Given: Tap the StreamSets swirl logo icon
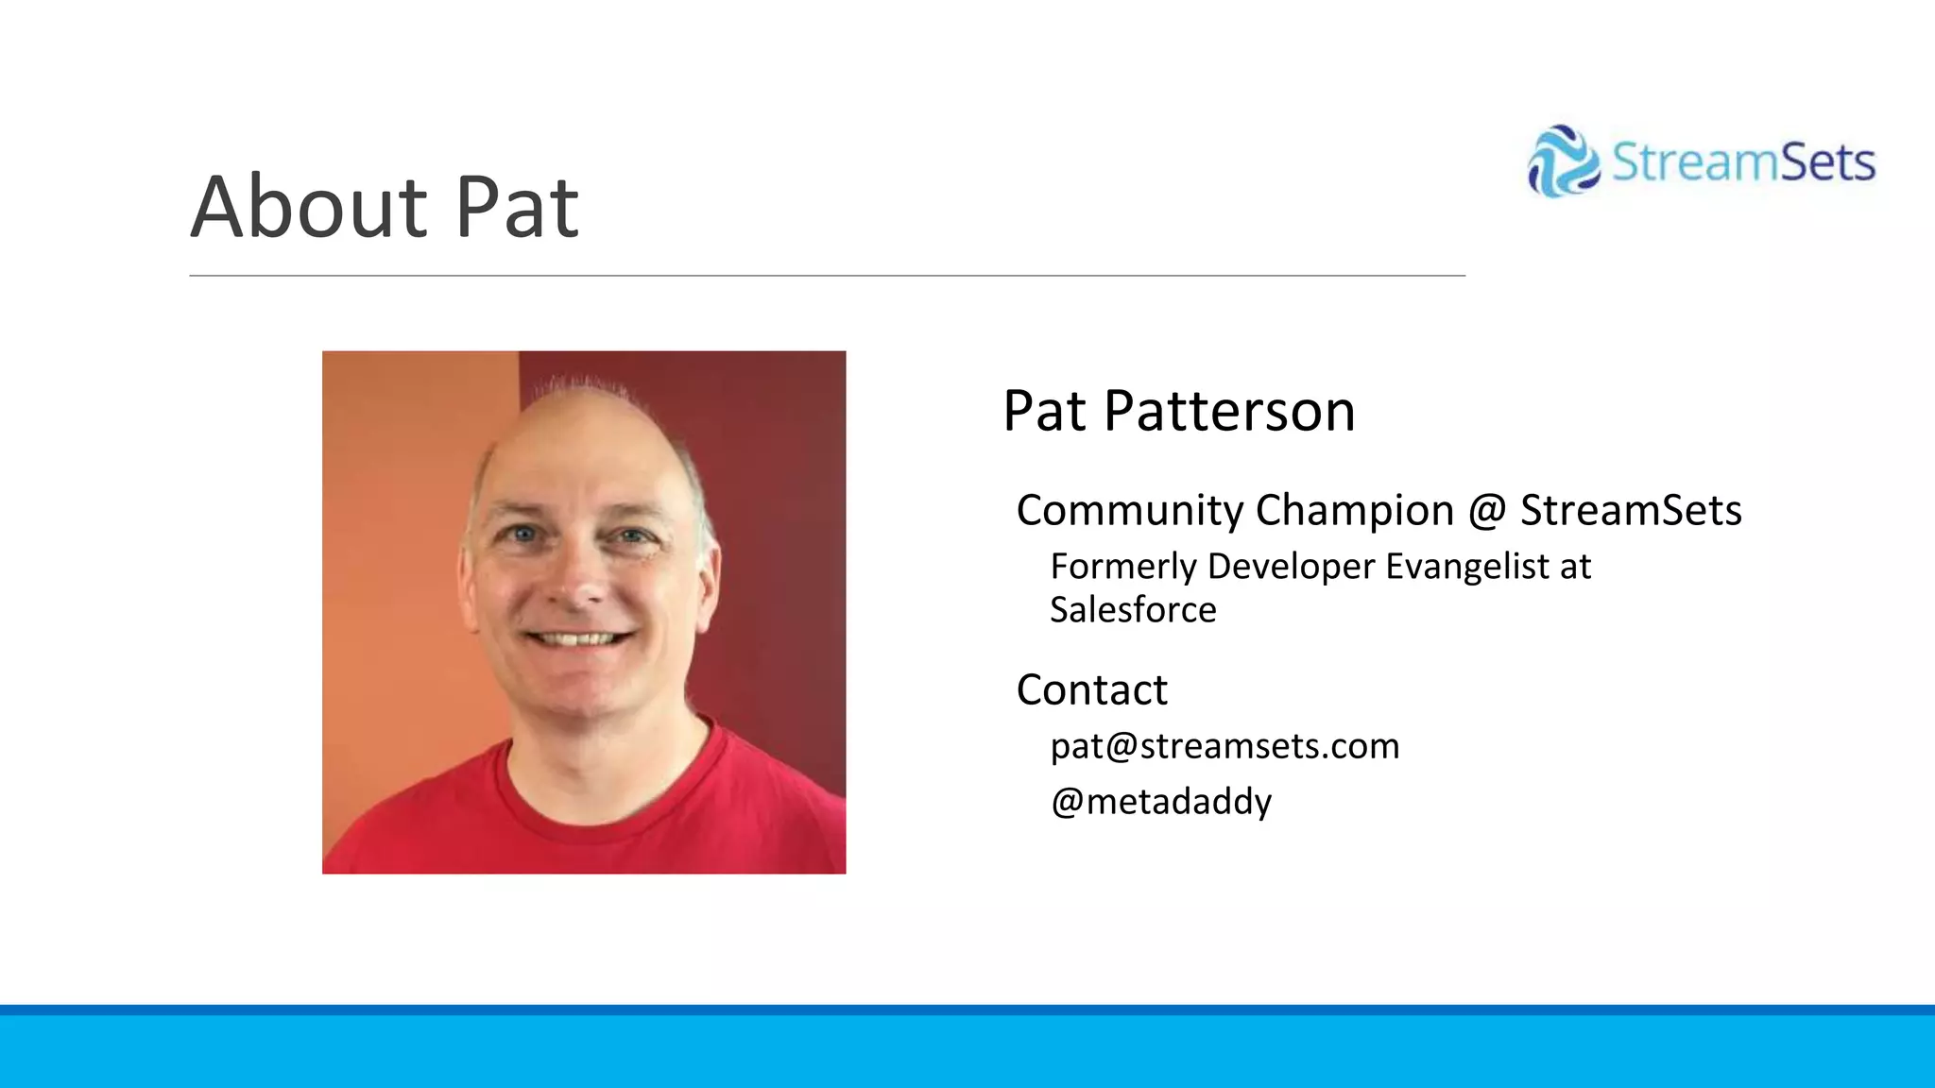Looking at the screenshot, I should (x=1563, y=161).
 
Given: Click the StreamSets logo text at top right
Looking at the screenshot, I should (x=1743, y=162).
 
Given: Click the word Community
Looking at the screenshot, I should (x=1130, y=511).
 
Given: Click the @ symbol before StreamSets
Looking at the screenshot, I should (x=1486, y=511).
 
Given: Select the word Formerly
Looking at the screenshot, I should (x=1123, y=567).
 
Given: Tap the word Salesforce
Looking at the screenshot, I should (x=1133, y=610).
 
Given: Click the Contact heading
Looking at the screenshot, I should (x=1091, y=690).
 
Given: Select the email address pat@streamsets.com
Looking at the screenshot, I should (x=1224, y=746).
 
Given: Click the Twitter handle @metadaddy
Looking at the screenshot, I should (x=1161, y=802).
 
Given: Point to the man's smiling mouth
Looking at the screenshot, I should (x=578, y=639).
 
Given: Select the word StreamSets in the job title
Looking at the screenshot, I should (x=1630, y=511).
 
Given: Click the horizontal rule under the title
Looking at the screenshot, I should (x=827, y=276).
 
